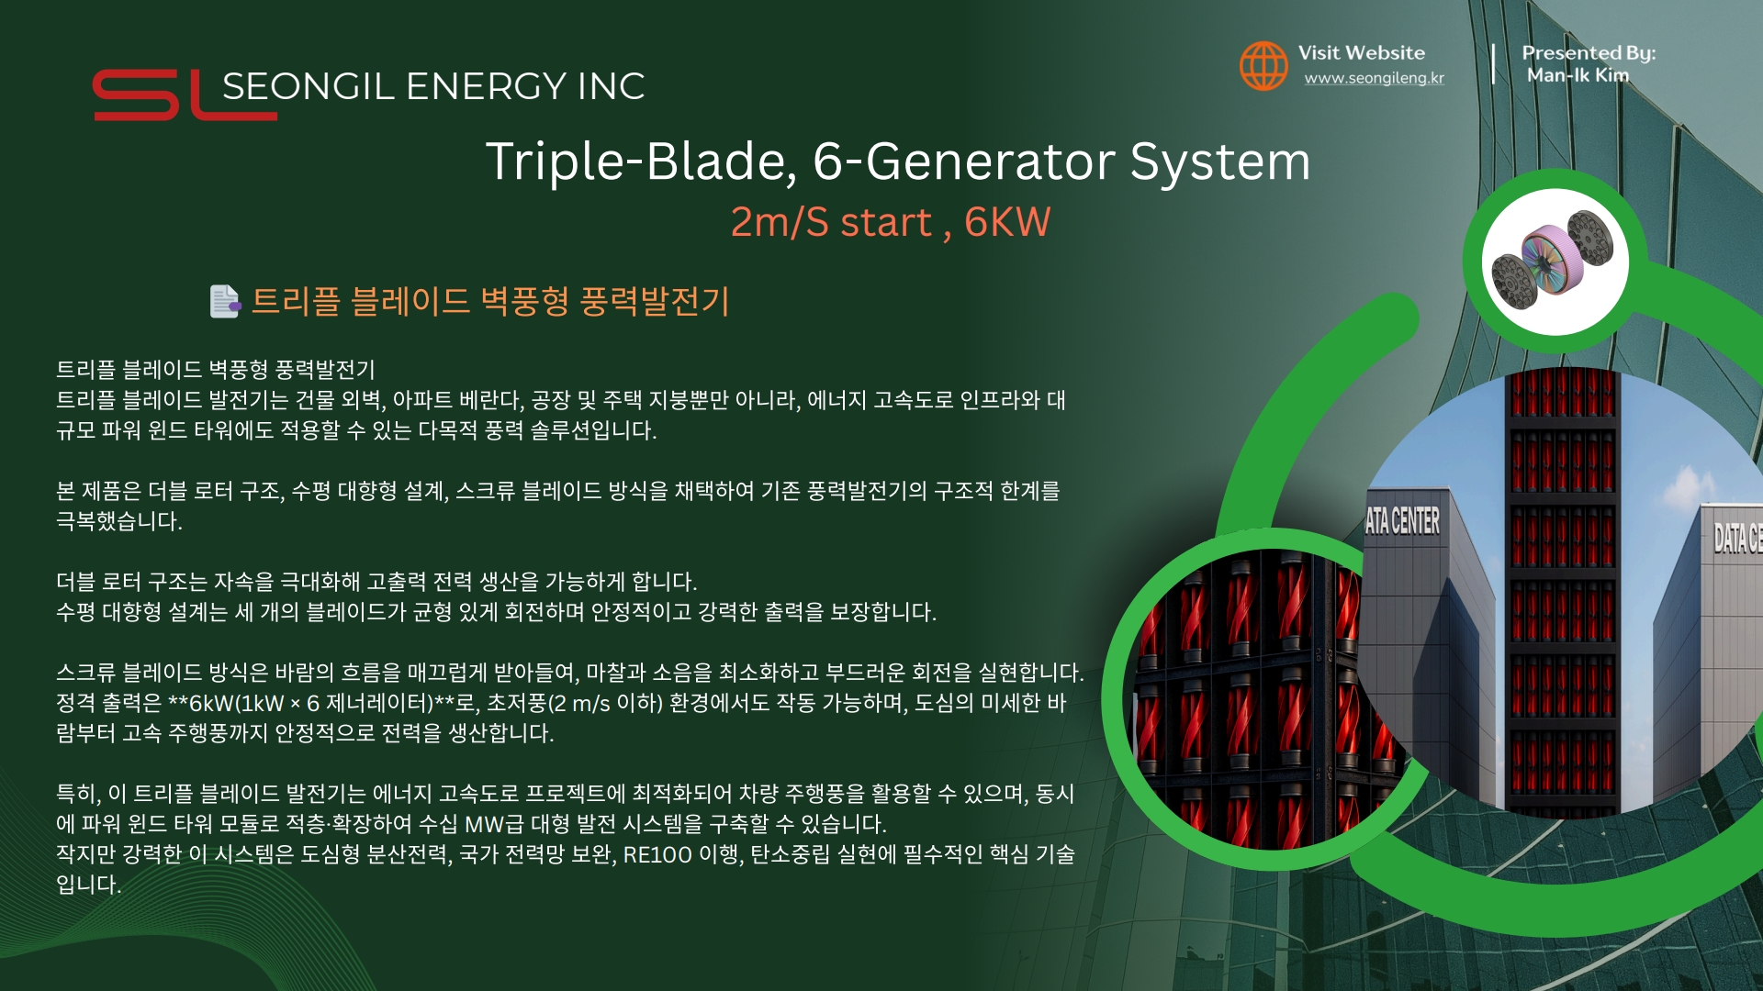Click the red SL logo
(184, 95)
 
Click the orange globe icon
(1263, 65)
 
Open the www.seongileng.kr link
(1374, 79)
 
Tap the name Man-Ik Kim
(1578, 75)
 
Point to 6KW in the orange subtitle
(1007, 222)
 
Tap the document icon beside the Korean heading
(225, 301)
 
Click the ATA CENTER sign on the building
(1402, 521)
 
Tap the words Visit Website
(1361, 52)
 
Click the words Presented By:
(1589, 53)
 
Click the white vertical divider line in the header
(1494, 64)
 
